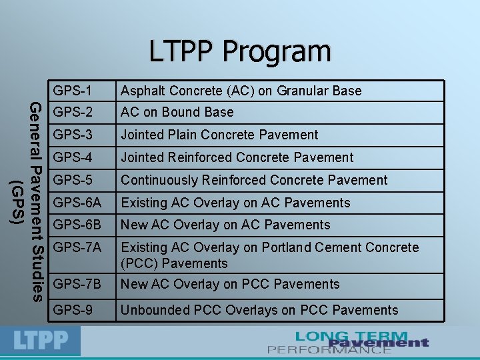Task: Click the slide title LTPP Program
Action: (x=240, y=51)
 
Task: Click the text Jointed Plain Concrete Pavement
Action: (x=219, y=135)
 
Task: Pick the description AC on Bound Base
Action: (x=177, y=112)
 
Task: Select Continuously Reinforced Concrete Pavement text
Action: (x=253, y=180)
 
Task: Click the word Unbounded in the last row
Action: (x=152, y=309)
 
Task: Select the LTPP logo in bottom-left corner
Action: (x=42, y=341)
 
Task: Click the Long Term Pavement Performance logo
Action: (x=348, y=342)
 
